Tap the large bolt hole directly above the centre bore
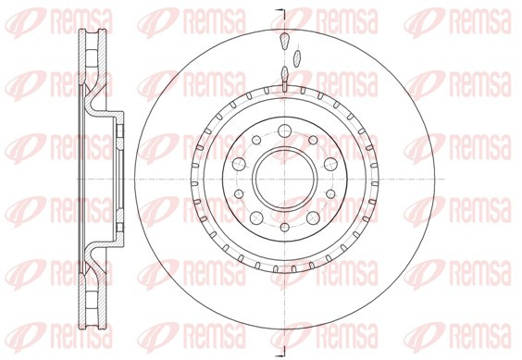tap(285, 130)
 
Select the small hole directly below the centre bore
tap(284, 228)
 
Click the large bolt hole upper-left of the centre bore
tap(239, 164)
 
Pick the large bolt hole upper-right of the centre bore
tap(330, 164)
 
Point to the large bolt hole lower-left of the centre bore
tap(256, 218)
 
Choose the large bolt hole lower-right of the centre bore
tap(313, 218)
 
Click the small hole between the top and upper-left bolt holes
tap(256, 140)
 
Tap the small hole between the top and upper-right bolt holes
tap(313, 140)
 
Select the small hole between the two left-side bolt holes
tap(239, 193)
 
